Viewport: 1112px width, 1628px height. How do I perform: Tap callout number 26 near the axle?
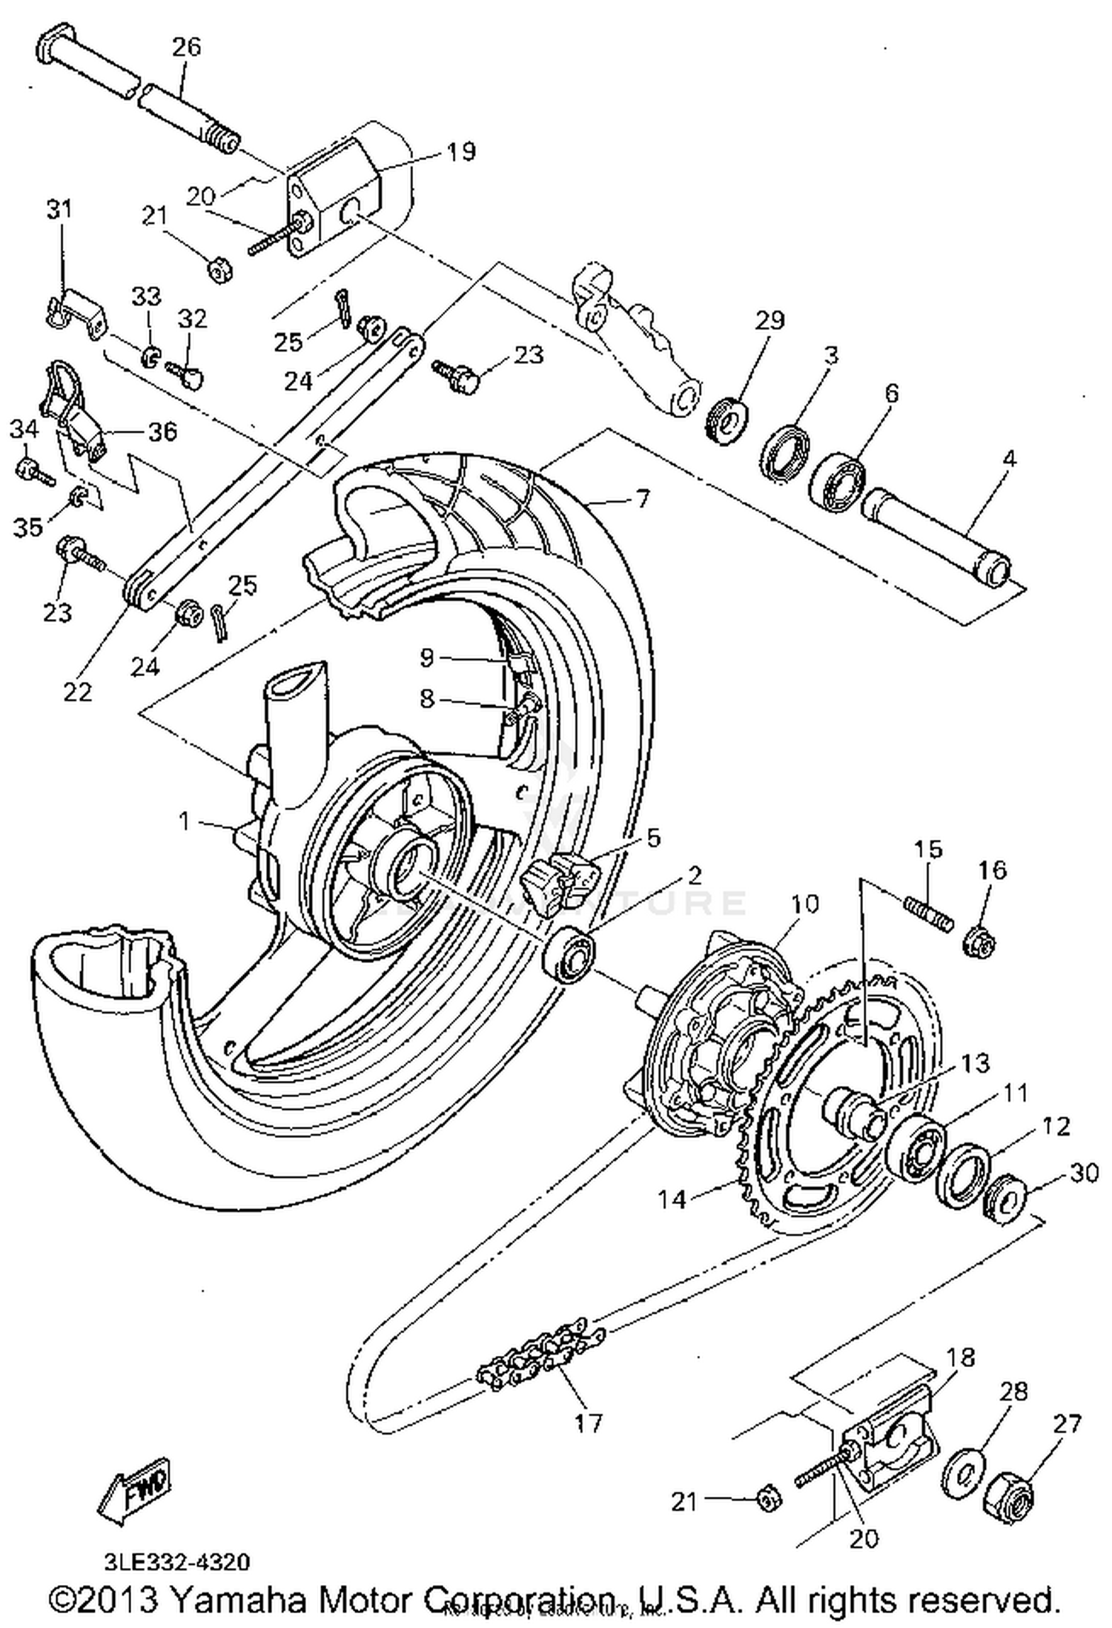pos(186,47)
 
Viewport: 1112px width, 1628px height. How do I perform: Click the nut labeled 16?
pos(979,944)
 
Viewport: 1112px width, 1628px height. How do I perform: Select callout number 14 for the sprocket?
pos(673,1198)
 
